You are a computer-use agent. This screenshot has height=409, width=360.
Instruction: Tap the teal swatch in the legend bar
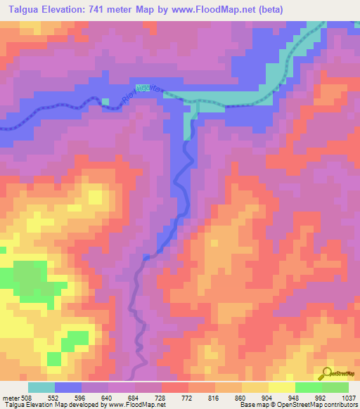click(41, 387)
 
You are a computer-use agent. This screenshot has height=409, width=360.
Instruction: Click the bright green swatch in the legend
click(308, 387)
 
